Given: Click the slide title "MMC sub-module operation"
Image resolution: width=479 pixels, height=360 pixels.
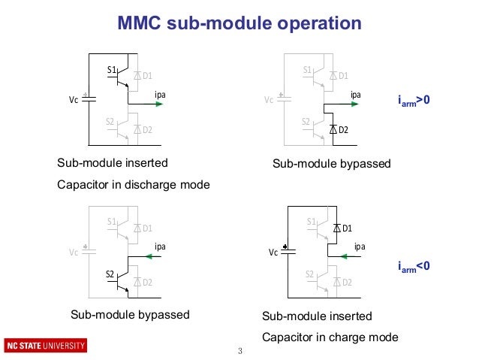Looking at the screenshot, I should (x=239, y=24).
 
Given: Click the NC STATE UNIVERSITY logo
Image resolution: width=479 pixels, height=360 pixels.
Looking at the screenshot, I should (x=46, y=346).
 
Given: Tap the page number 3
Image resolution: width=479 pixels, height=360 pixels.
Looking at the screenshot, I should (x=239, y=351).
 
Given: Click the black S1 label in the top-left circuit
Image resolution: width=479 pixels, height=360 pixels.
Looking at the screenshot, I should (x=111, y=71).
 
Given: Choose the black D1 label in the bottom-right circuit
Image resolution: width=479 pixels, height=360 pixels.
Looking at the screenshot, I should (x=347, y=227).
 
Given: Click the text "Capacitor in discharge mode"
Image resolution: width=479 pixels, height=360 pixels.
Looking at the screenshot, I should (x=134, y=184).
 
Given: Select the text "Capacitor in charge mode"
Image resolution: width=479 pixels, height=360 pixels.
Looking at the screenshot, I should (x=330, y=336).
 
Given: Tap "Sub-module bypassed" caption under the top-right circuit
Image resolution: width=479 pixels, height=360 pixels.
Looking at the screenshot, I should (x=331, y=163).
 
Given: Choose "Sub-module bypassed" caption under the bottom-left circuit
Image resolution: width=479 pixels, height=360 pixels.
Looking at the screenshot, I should (x=129, y=314).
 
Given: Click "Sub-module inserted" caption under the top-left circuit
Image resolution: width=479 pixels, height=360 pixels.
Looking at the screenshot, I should (x=113, y=162).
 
